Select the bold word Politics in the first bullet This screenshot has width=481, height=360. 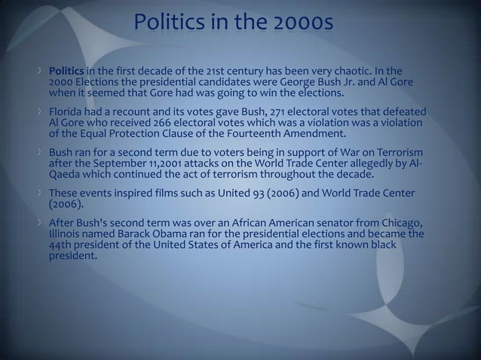pos(66,70)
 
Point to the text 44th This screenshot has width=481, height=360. pos(62,245)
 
